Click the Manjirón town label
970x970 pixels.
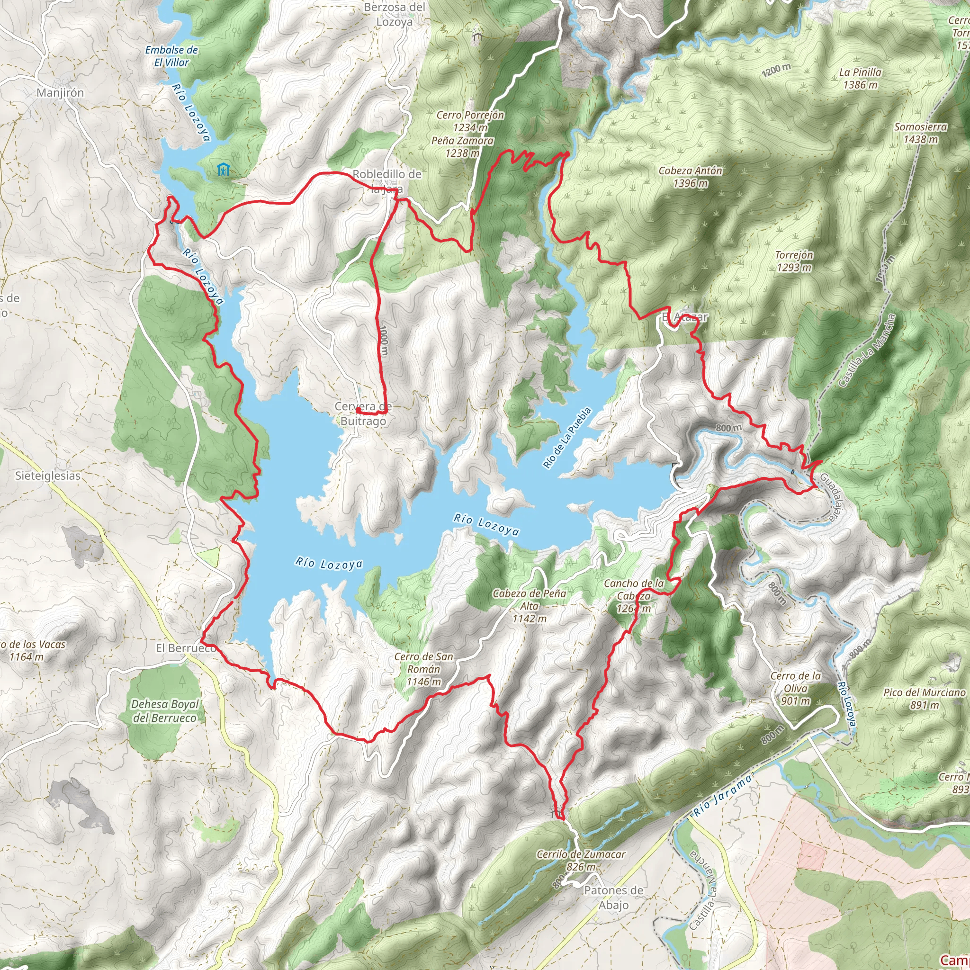click(60, 93)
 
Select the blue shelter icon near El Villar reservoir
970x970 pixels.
click(224, 170)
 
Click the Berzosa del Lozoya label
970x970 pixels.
click(395, 15)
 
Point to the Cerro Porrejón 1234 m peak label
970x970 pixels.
click(470, 121)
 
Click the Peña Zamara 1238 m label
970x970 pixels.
click(462, 147)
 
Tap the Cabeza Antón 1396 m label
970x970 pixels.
click(691, 177)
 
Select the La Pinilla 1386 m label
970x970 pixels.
click(860, 78)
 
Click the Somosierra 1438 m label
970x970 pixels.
click(920, 133)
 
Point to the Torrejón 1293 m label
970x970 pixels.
click(794, 261)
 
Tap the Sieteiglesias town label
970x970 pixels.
click(48, 476)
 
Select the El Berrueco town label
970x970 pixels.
click(185, 648)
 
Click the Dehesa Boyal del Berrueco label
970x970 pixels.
click(165, 711)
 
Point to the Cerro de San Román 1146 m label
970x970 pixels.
click(423, 669)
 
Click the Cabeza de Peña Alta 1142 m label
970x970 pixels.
click(529, 606)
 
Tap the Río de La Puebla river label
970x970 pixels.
click(567, 438)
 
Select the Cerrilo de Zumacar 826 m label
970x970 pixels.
click(581, 860)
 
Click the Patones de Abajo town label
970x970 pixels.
click(613, 898)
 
